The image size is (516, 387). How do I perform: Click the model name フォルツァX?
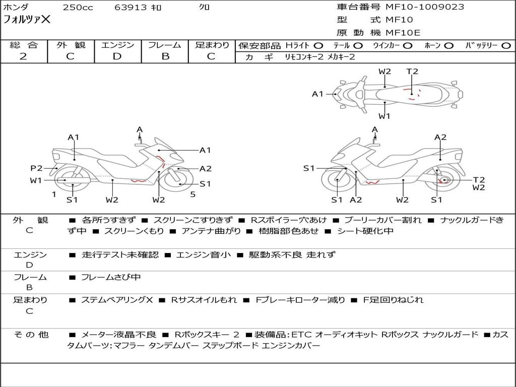27,20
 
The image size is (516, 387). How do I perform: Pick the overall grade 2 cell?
23,56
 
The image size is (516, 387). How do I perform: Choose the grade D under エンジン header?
117,56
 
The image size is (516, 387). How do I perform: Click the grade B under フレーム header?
165,56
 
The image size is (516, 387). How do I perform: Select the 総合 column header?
23,45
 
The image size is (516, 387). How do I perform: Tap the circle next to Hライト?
318,45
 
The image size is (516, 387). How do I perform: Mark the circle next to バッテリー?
506,45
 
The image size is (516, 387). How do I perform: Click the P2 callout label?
36,168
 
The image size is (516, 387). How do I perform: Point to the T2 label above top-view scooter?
412,71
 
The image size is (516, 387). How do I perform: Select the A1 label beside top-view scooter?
317,94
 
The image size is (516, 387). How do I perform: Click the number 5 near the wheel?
192,194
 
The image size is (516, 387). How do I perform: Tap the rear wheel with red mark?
443,180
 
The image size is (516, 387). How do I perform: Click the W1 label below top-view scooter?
384,116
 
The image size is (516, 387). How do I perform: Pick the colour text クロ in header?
205,8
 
